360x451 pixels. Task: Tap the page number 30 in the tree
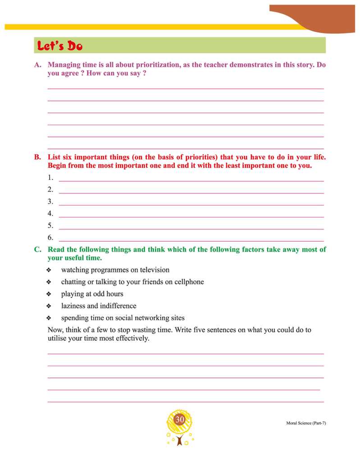point(180,420)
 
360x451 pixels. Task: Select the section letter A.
point(37,65)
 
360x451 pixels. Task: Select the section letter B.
point(37,157)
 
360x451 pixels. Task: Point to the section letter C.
point(37,249)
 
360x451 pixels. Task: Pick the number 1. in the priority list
point(50,178)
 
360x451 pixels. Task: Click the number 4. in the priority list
point(50,214)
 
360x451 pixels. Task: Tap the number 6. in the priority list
point(50,238)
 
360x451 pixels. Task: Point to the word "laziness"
point(73,306)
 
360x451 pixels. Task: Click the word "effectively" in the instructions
point(131,338)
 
